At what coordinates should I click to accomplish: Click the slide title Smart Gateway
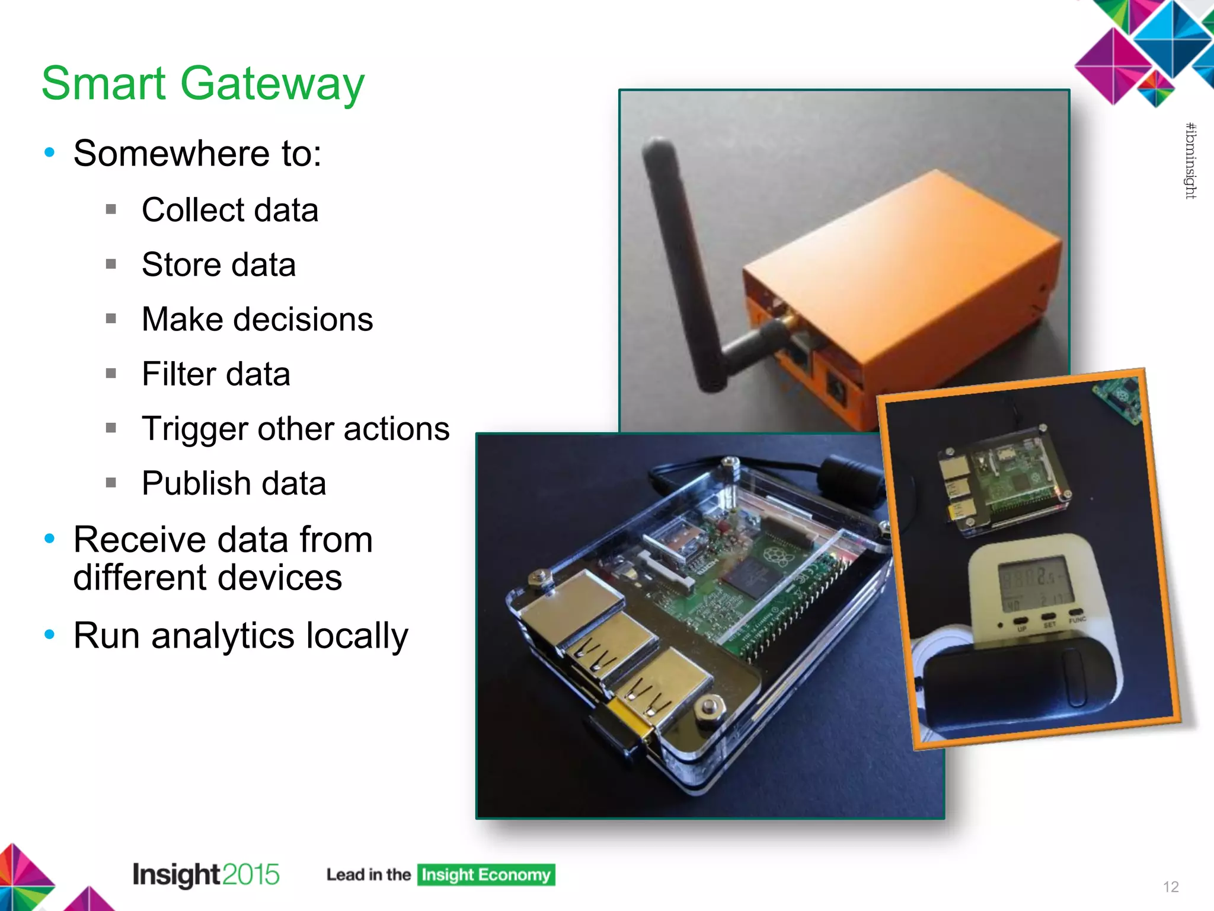pyautogui.click(x=203, y=84)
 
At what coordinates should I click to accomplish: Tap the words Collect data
pyautogui.click(x=230, y=210)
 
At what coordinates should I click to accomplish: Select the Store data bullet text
pyautogui.click(x=219, y=265)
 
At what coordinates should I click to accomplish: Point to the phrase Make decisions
pyautogui.click(x=257, y=319)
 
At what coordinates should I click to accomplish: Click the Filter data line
pyautogui.click(x=216, y=374)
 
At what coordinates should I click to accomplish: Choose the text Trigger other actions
pyautogui.click(x=295, y=429)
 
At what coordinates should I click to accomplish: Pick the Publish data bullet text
pyautogui.click(x=234, y=483)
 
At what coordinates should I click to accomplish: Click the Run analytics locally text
pyautogui.click(x=241, y=636)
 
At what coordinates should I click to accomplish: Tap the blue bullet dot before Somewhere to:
pyautogui.click(x=50, y=153)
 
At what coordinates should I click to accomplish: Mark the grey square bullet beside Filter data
pyautogui.click(x=111, y=374)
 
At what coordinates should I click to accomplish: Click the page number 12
pyautogui.click(x=1171, y=887)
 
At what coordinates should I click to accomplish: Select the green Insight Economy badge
pyautogui.click(x=486, y=875)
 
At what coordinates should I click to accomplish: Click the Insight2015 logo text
pyautogui.click(x=206, y=875)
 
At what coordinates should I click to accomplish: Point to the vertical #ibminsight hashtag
pyautogui.click(x=1190, y=161)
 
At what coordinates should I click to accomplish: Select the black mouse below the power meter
pyautogui.click(x=1020, y=688)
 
